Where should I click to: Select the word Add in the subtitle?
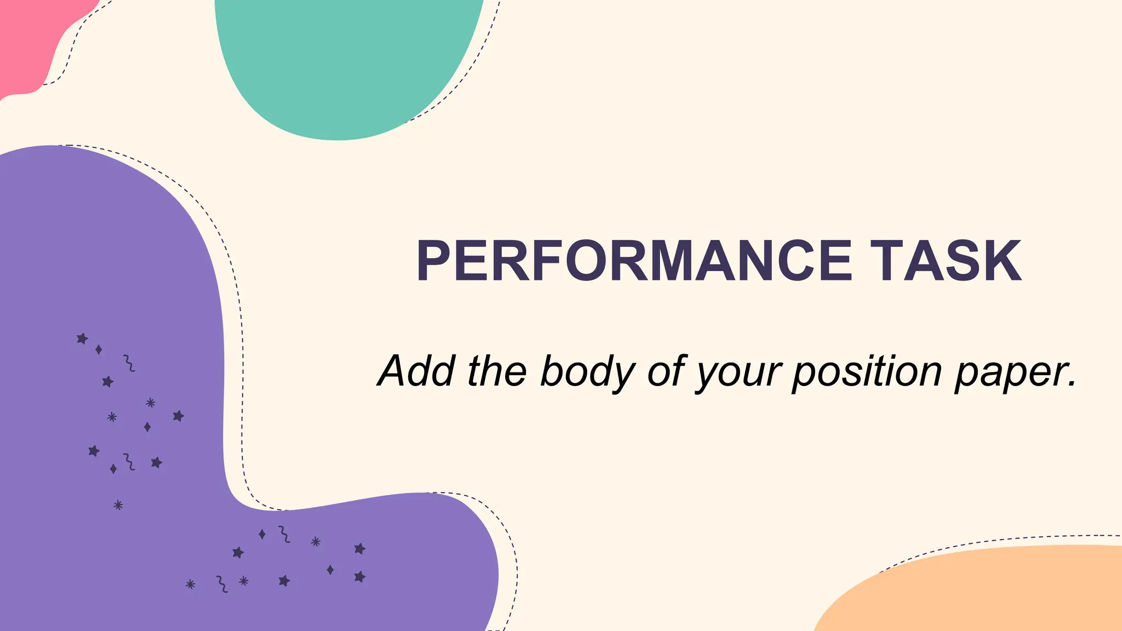[416, 371]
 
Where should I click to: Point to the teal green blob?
[345, 60]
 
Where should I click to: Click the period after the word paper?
[1072, 383]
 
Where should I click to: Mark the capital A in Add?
[397, 371]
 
